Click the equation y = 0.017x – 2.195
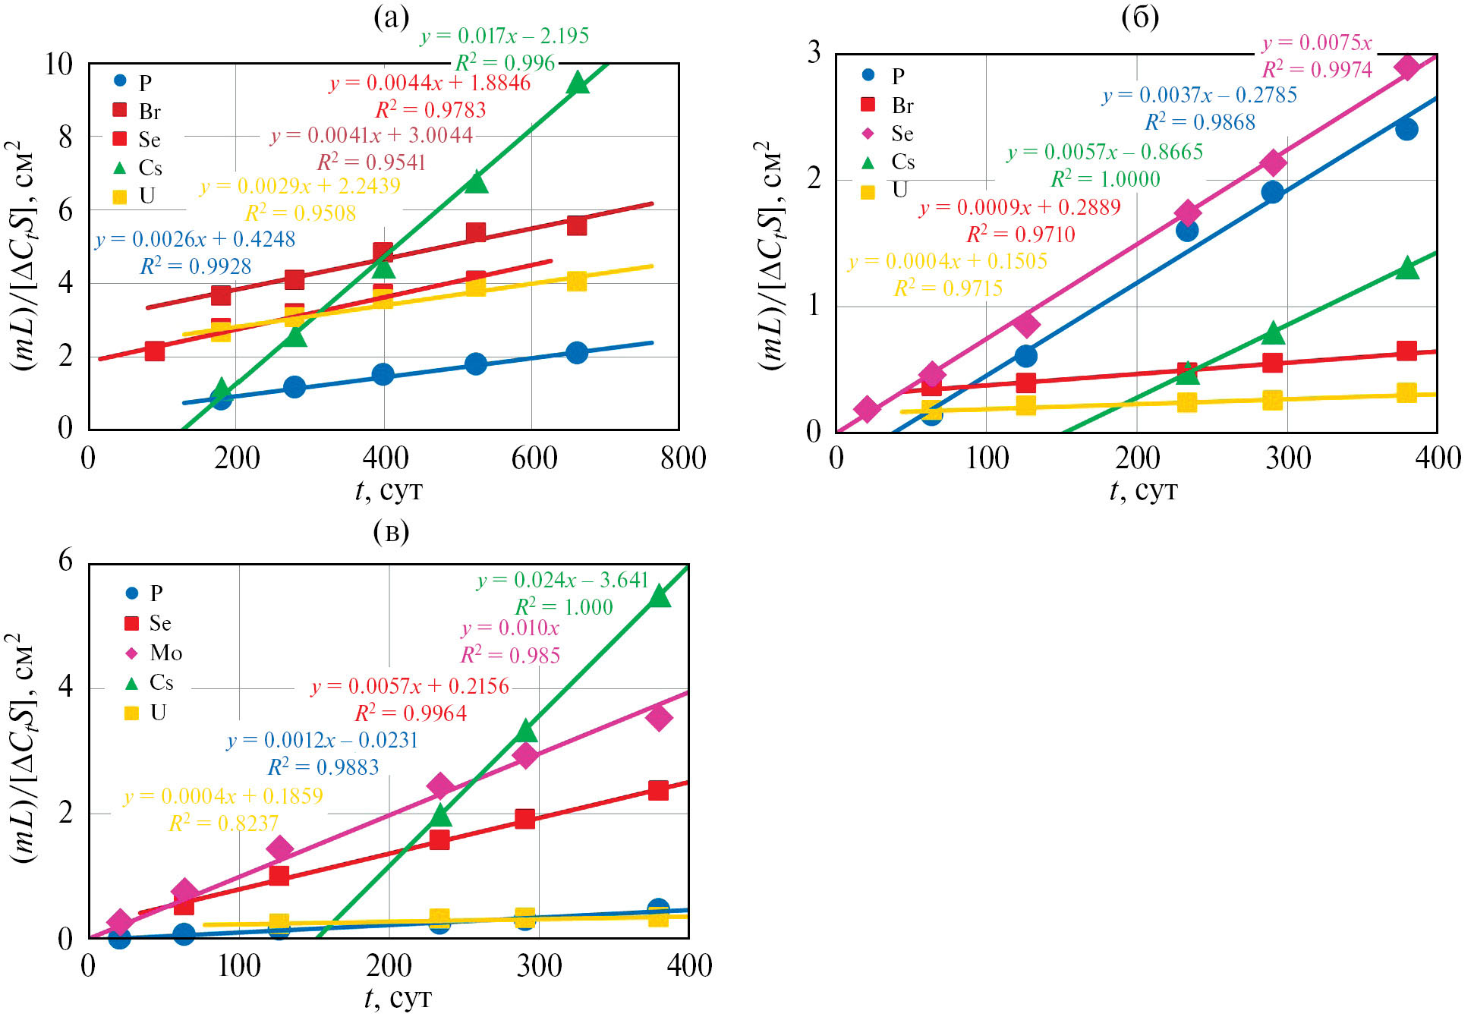pyautogui.click(x=505, y=36)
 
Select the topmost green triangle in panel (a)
pyautogui.click(x=578, y=82)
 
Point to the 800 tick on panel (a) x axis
pyautogui.click(x=682, y=458)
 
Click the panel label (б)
pyautogui.click(x=1140, y=17)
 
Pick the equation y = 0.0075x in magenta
pyautogui.click(x=1317, y=43)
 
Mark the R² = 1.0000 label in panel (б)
pyautogui.click(x=1105, y=179)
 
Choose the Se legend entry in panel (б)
pyautogui.click(x=889, y=134)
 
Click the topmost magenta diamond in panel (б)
pyautogui.click(x=1406, y=67)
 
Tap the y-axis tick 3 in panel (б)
pyautogui.click(x=814, y=52)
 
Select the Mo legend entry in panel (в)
pyautogui.click(x=155, y=653)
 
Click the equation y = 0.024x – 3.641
pyautogui.click(x=562, y=581)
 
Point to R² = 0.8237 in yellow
pyautogui.click(x=223, y=823)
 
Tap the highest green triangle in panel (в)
pyautogui.click(x=660, y=597)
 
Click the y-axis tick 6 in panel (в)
pyautogui.click(x=66, y=561)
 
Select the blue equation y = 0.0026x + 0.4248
pyautogui.click(x=195, y=240)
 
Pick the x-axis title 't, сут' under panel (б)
pyautogui.click(x=1143, y=491)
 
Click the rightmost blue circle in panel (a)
pyautogui.click(x=577, y=353)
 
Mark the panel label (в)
pyautogui.click(x=391, y=532)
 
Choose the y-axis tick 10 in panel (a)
pyautogui.click(x=58, y=65)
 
